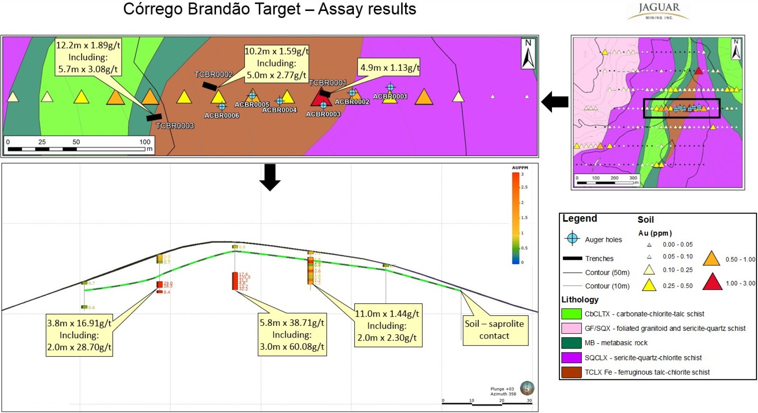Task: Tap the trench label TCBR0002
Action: (x=214, y=74)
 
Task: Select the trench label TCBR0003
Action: (x=175, y=126)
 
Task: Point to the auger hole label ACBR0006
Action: (x=222, y=116)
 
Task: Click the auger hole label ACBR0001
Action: (x=390, y=97)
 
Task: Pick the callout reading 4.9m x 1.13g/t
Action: (x=389, y=68)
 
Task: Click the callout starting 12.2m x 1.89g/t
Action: (x=88, y=57)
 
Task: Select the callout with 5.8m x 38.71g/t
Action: (x=292, y=334)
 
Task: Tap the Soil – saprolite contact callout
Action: (x=494, y=330)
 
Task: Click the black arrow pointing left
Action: (x=555, y=101)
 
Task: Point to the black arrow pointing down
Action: (x=270, y=177)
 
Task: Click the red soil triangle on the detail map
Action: (x=322, y=98)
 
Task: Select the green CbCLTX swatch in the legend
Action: (x=571, y=314)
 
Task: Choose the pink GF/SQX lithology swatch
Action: (x=571, y=328)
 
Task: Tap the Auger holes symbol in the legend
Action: (x=572, y=239)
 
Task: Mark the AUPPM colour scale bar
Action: (x=515, y=218)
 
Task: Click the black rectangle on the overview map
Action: (x=681, y=109)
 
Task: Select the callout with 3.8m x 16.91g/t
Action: (x=79, y=335)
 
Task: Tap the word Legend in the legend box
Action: (x=579, y=219)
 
